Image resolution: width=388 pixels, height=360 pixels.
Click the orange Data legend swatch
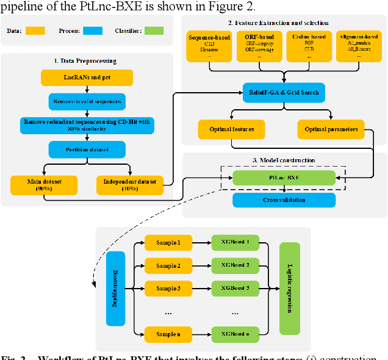click(35, 30)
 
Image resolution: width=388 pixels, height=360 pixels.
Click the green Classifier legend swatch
click(154, 30)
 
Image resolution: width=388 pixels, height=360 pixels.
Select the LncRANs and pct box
click(87, 78)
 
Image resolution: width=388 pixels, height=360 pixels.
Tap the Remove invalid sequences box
click(87, 101)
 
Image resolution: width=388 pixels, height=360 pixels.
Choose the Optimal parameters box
click(330, 129)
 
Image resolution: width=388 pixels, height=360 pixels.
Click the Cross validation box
click(284, 200)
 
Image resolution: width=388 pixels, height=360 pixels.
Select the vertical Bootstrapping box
click(115, 288)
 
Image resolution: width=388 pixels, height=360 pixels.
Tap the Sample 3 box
click(168, 288)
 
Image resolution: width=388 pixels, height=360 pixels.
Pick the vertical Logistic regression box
click(289, 288)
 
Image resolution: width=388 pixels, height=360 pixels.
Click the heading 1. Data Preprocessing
click(87, 62)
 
